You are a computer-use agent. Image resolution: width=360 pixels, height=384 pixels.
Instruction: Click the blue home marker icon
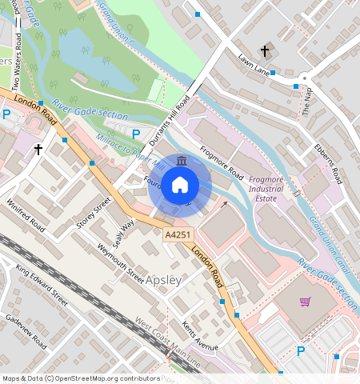[x=180, y=186]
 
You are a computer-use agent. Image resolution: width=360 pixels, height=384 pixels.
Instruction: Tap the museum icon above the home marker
[x=181, y=162]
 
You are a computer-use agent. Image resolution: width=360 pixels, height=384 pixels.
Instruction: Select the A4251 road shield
[x=178, y=234]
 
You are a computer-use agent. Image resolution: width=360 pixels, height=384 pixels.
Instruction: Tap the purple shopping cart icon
[x=305, y=302]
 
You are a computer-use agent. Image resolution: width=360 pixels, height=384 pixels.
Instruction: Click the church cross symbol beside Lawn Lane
[x=266, y=50]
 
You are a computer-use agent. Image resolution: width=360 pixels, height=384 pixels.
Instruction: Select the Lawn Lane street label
[x=253, y=64]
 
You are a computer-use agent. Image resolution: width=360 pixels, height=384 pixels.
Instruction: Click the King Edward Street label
[x=42, y=283]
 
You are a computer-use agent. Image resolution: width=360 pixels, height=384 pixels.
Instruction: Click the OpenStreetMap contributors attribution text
[x=81, y=378]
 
